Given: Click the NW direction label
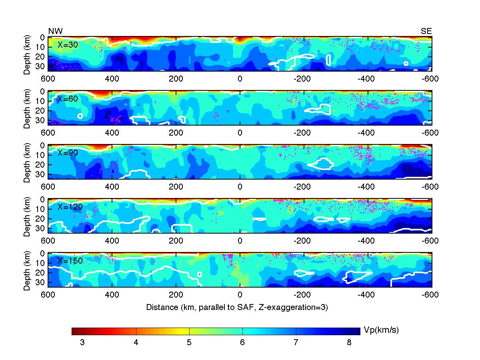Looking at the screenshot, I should (55, 31).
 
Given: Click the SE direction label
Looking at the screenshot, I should (426, 31).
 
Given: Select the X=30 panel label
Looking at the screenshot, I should (68, 44).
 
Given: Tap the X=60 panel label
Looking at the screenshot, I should (68, 98).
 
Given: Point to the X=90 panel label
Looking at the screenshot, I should (68, 152).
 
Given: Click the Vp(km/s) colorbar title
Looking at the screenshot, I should (381, 330).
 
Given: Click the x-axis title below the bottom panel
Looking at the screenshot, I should (237, 307).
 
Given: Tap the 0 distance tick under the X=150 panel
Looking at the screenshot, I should (240, 295).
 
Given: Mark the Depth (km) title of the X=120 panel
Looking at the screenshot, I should (27, 216).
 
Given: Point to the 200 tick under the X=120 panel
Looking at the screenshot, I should (176, 241).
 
